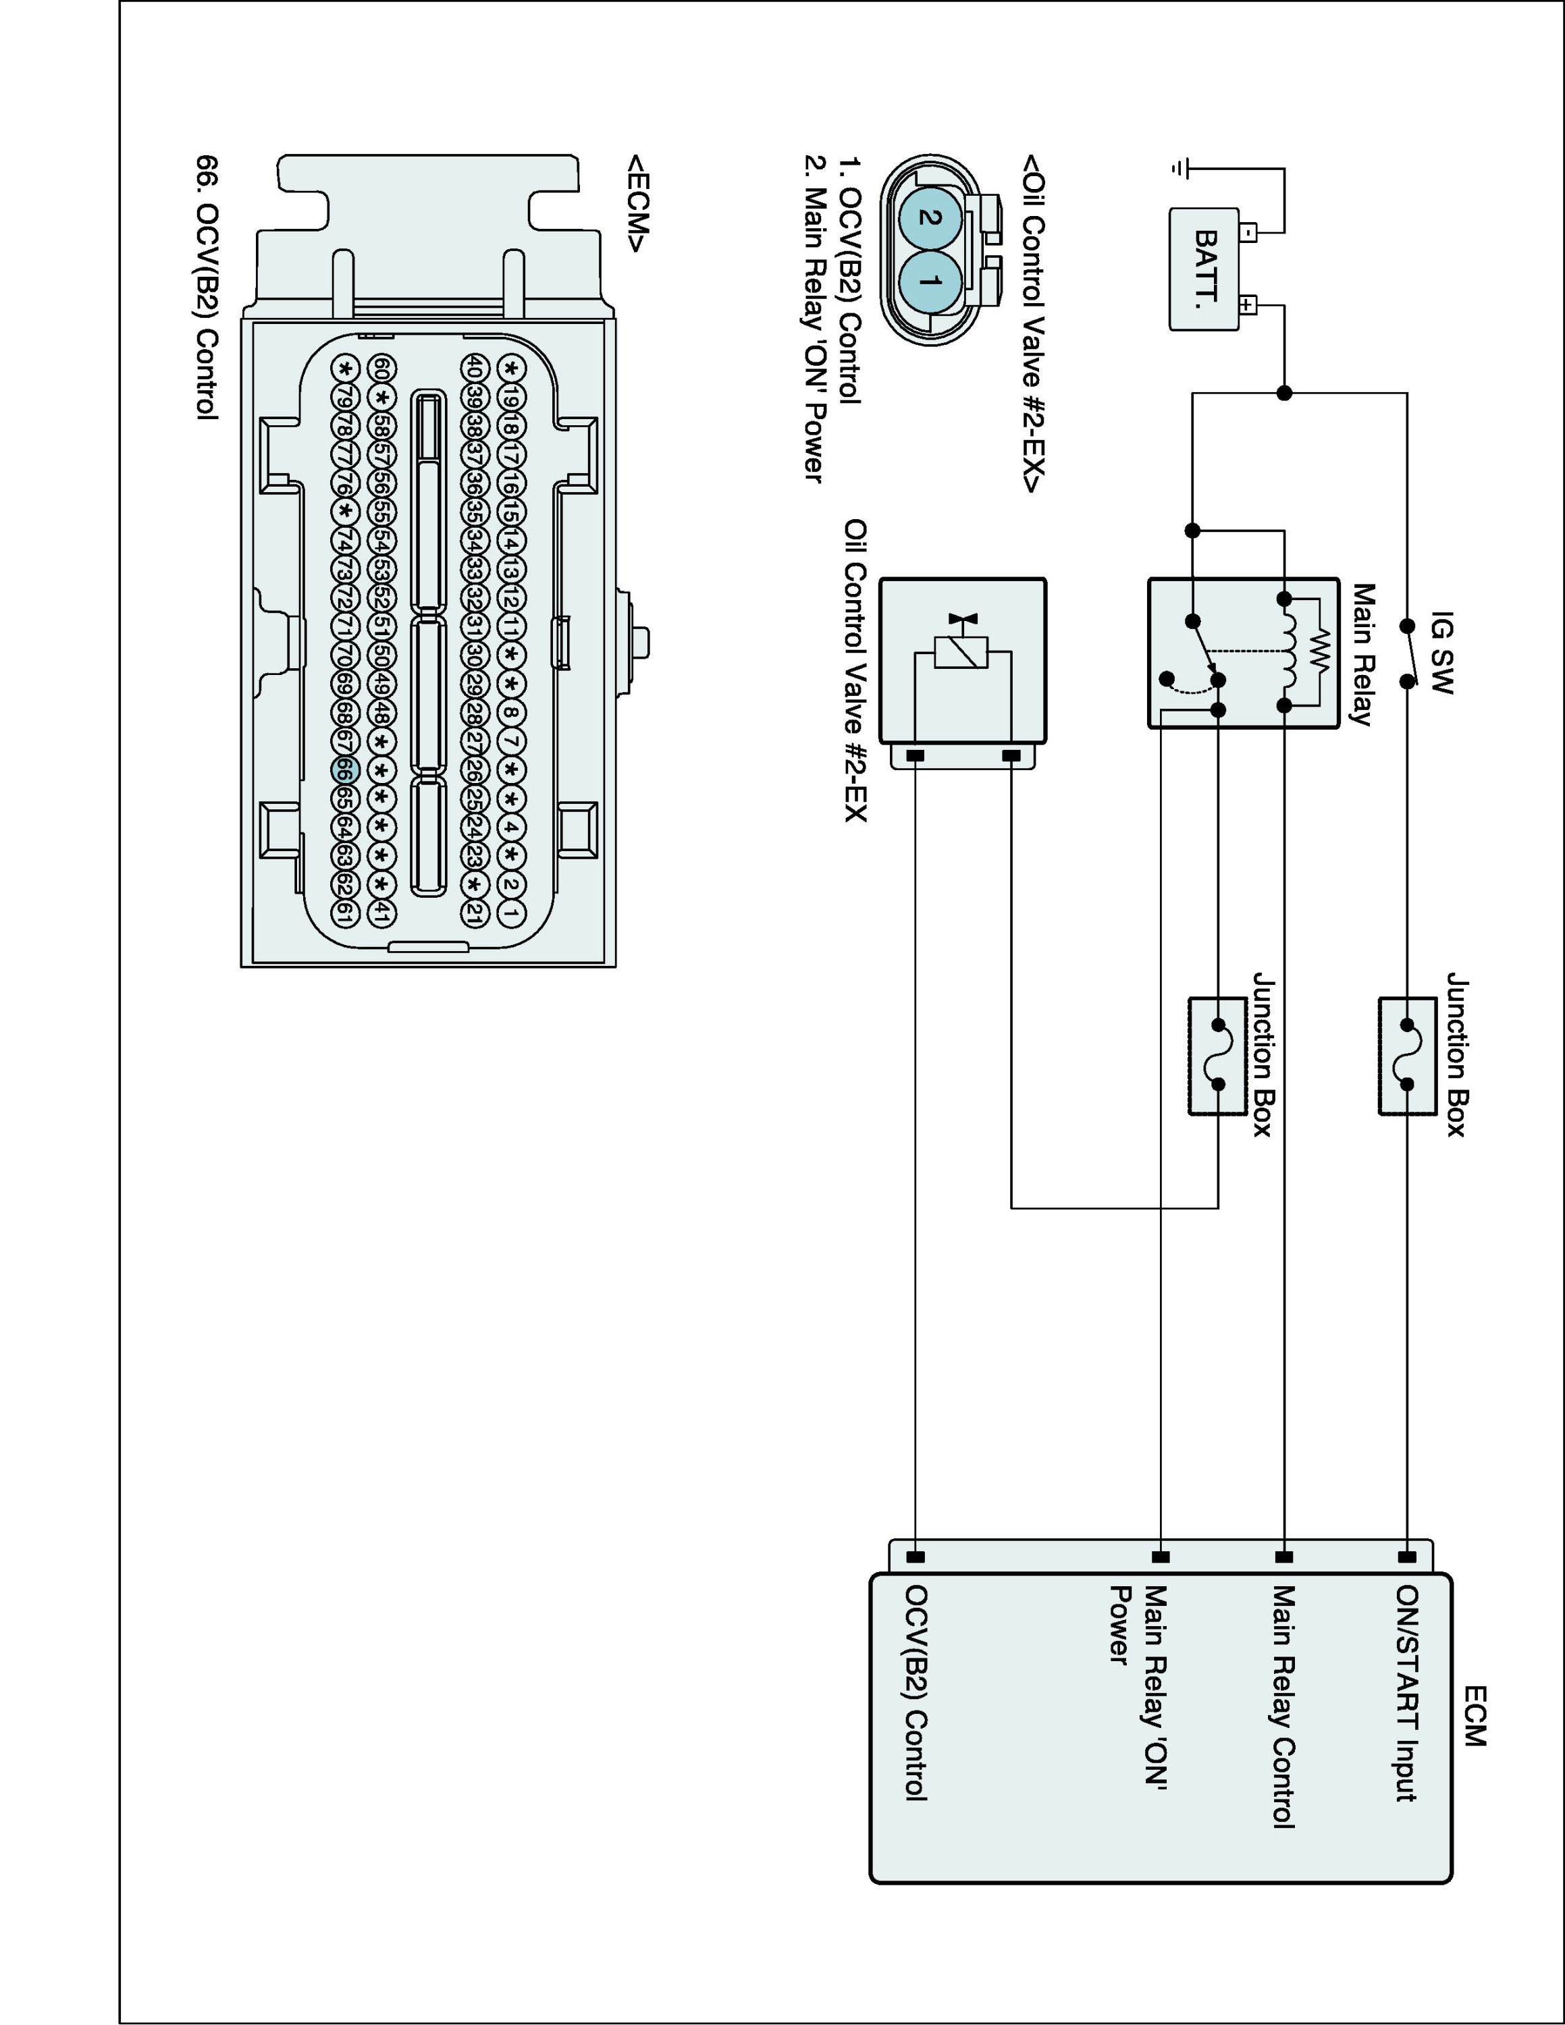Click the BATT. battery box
point(1203,269)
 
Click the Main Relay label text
point(1361,653)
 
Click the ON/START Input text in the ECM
point(1406,1693)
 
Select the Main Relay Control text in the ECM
point(1282,1706)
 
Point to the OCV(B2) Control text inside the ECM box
point(916,1693)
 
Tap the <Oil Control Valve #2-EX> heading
point(1032,323)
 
